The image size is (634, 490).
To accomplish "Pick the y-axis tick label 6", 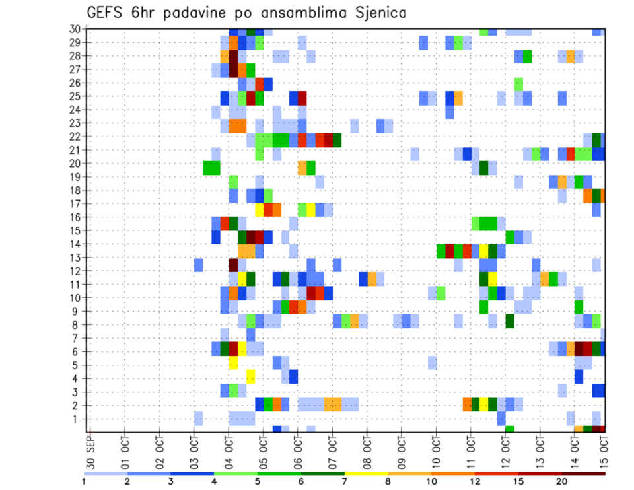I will (77, 351).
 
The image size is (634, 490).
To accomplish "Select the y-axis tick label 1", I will (77, 419).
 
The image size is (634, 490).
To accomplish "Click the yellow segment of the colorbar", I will (367, 473).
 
